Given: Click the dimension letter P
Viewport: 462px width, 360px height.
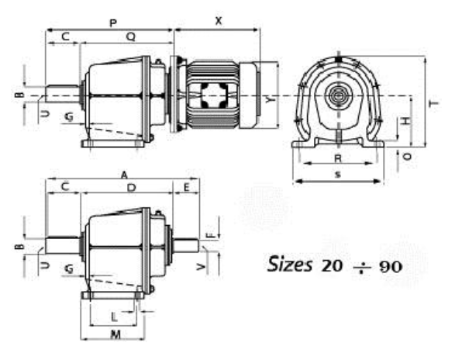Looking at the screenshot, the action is tap(113, 22).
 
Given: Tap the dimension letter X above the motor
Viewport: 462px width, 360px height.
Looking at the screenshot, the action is tap(219, 21).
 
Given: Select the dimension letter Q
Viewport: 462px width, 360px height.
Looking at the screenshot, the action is tap(131, 36).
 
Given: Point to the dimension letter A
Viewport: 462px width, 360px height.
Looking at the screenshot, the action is tap(124, 175).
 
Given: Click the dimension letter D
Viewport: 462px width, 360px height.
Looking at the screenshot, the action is tap(132, 188).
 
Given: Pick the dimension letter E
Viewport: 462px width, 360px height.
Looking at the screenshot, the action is tap(187, 187).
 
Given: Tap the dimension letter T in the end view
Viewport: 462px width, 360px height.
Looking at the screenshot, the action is tap(434, 104).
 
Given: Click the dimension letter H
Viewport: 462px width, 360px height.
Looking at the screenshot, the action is tap(406, 121).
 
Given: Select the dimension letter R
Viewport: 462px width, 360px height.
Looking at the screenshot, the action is tap(338, 158).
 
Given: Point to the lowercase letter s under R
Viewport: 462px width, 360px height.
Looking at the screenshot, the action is tap(338, 175).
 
